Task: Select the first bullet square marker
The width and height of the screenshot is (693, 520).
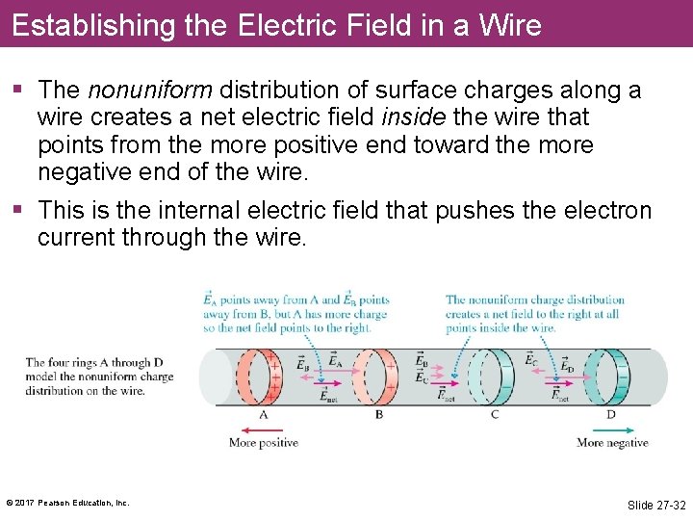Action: [18, 91]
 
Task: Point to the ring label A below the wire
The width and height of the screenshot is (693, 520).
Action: [263, 415]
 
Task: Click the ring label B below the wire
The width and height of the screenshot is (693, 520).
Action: [379, 415]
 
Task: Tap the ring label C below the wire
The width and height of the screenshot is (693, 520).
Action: [495, 415]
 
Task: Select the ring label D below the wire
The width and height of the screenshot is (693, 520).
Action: [610, 415]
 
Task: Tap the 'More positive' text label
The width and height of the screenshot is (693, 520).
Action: [263, 443]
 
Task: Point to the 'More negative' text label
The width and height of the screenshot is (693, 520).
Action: [612, 443]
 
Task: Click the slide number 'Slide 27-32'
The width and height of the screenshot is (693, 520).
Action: [656, 505]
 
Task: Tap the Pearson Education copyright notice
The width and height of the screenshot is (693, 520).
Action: [67, 503]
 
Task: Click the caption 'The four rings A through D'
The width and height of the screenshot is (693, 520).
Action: [100, 363]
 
